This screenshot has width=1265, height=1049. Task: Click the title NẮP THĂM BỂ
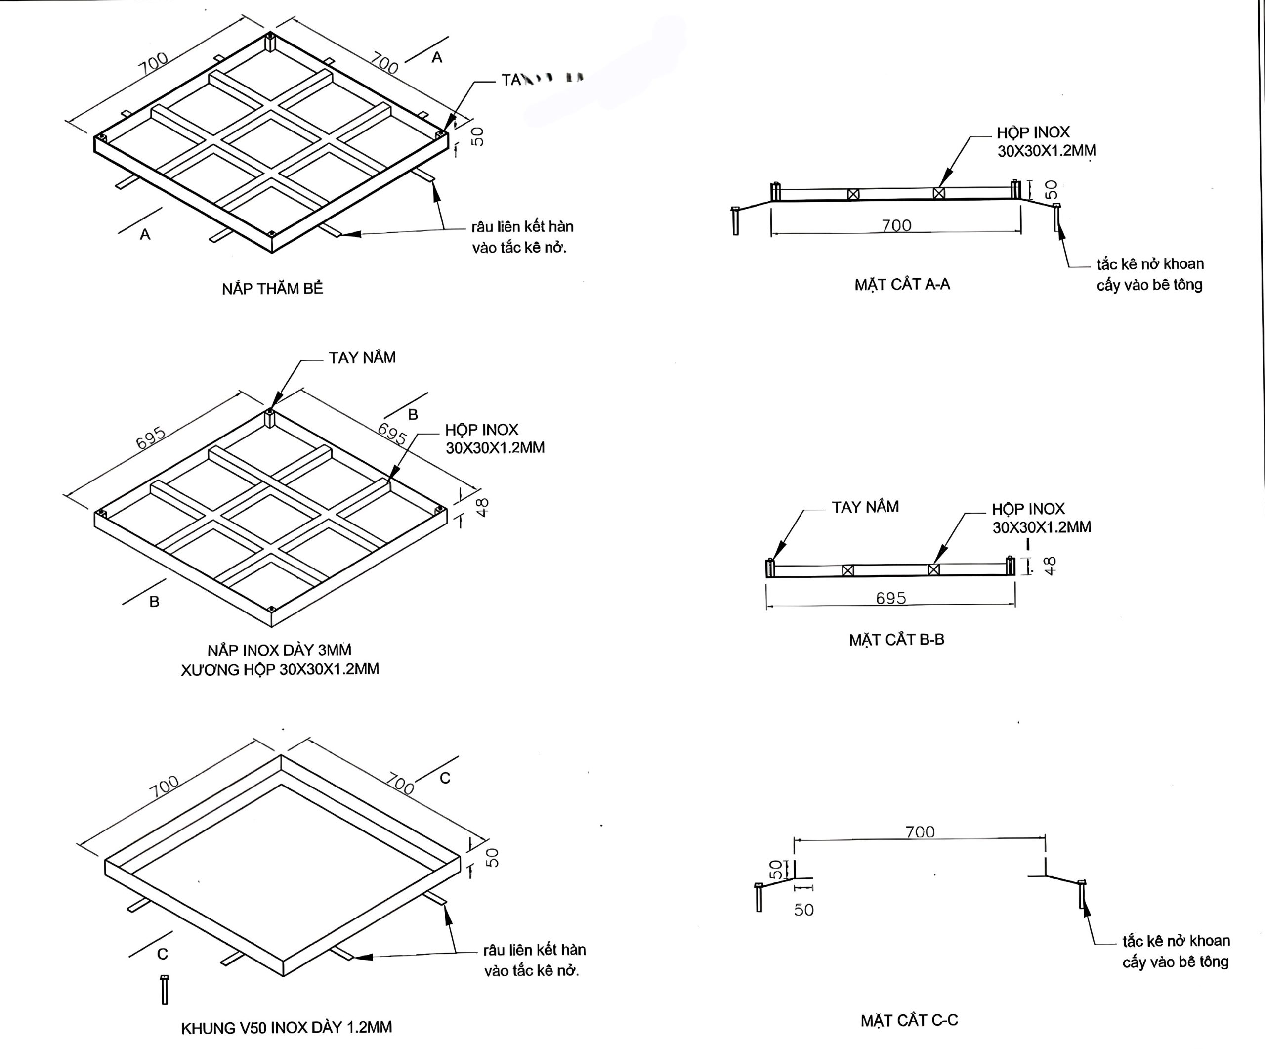coord(272,289)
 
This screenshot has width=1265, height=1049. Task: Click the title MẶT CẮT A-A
coord(902,284)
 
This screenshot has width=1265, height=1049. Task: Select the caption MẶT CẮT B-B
coord(896,640)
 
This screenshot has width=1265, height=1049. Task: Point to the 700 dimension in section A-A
coord(896,225)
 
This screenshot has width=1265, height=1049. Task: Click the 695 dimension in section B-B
coord(891,598)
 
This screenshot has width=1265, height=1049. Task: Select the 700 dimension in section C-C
coord(920,832)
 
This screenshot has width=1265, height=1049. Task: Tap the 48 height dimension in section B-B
coord(1050,566)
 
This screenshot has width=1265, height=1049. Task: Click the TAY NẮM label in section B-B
coord(865,507)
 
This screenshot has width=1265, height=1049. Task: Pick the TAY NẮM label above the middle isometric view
coord(362,358)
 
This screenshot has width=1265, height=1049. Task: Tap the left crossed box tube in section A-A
coord(853,194)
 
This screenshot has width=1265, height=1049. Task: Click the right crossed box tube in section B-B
coord(934,569)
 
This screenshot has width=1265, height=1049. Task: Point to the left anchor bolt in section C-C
coord(759,897)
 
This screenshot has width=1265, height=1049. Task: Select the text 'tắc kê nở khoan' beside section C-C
coord(1176,941)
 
